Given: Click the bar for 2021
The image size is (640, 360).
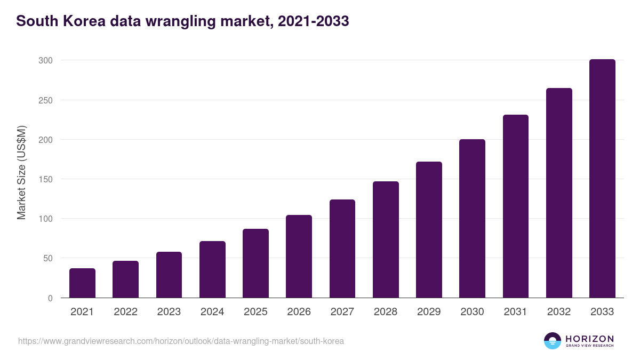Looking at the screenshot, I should [82, 283].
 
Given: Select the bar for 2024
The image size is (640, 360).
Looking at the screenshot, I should [212, 269].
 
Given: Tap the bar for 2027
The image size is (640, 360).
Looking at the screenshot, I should [342, 249].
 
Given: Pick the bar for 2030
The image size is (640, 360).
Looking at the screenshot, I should [472, 219].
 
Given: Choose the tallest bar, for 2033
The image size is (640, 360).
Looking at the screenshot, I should [602, 179].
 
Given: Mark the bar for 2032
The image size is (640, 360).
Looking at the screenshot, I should [559, 193].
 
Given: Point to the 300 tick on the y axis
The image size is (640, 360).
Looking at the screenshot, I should [45, 61].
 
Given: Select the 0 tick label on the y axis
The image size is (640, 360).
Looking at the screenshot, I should [50, 298].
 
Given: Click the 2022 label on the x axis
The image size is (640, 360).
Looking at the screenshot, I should [125, 312].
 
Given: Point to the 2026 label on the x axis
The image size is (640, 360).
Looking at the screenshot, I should [299, 312].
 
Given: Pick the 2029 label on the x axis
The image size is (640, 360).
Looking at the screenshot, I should [429, 312].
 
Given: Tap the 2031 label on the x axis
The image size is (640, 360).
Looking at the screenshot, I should [515, 312].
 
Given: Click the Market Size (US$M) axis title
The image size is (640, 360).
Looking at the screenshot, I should [21, 172].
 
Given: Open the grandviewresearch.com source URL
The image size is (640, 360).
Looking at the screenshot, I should [181, 341].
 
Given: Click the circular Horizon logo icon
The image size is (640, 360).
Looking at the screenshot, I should [553, 341].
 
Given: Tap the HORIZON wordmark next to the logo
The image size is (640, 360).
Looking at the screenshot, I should [589, 339].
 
